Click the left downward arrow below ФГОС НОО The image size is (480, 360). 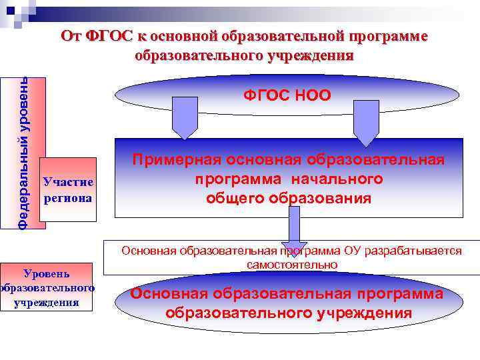185,118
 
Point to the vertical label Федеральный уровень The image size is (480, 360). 23,153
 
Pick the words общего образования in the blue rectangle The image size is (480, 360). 288,198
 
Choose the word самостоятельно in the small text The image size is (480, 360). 291,265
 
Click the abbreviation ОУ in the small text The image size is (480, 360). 353,251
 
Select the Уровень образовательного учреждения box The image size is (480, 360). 47,287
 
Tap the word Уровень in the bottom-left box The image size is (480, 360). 47,273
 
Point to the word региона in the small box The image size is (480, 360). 68,198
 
